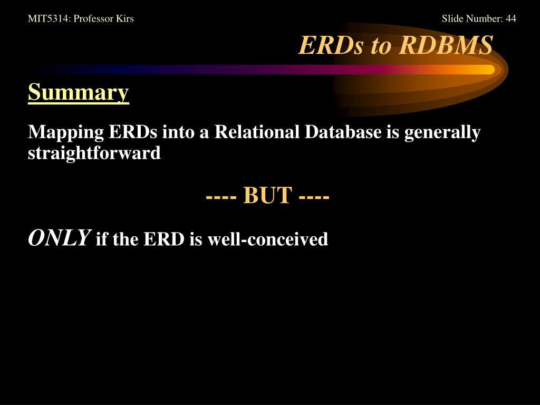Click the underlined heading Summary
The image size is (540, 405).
coord(79,92)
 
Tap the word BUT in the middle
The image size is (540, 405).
coord(268,196)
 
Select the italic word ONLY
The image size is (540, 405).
coord(59,238)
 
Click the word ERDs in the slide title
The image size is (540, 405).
coord(331,45)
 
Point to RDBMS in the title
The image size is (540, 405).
coord(447,45)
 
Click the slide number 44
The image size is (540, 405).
coord(510,18)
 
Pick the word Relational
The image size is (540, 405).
coord(257,131)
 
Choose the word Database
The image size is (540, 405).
coord(343,131)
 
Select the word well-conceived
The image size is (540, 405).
coord(267,239)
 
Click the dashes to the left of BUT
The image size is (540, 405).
coord(221,198)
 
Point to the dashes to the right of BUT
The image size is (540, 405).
coord(314,198)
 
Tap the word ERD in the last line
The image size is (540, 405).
coord(164,239)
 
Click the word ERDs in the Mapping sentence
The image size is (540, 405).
coord(133,131)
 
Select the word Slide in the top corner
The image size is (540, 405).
coord(451,18)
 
